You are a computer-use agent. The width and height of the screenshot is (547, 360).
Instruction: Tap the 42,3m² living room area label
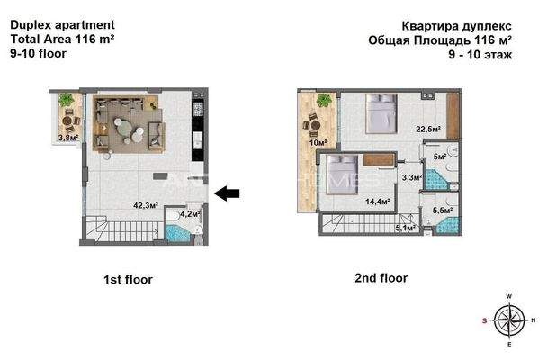[x=147, y=205]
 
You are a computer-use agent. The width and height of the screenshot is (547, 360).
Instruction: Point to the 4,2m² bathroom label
[x=190, y=214]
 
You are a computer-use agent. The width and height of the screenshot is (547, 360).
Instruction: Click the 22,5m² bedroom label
[x=427, y=130]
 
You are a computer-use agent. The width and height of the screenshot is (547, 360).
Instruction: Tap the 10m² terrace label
[x=318, y=143]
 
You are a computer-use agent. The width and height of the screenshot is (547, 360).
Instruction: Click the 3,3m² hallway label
[x=411, y=177]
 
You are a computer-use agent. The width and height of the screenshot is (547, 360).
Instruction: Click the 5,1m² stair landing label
[x=406, y=228]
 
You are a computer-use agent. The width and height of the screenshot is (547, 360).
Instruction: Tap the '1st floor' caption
[x=128, y=280]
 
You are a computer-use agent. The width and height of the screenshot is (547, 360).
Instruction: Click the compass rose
[x=508, y=319]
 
